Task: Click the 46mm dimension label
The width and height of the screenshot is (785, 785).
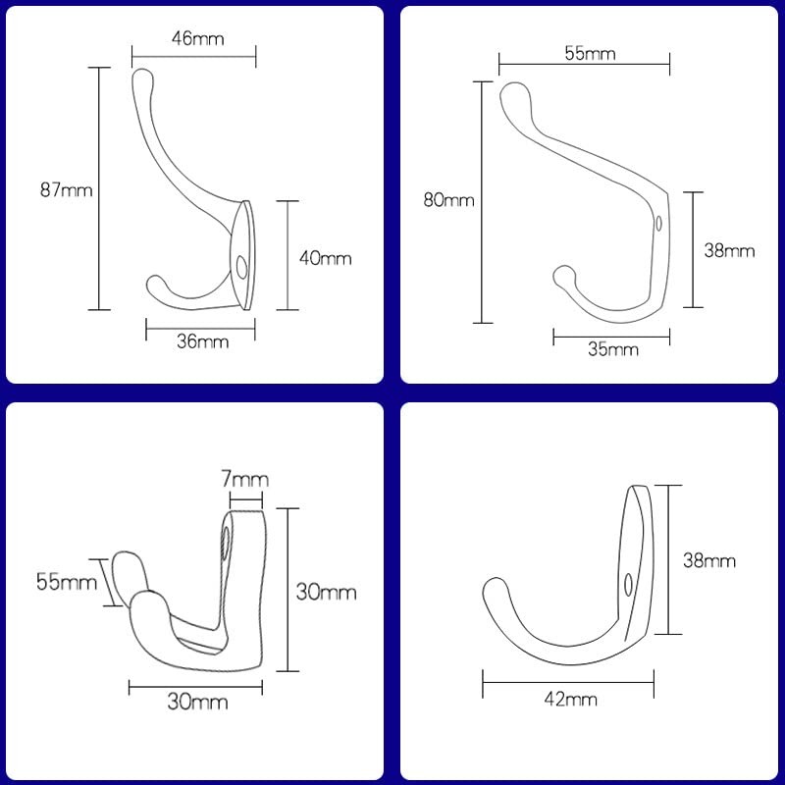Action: [x=198, y=39]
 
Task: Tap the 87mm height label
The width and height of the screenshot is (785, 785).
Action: [x=66, y=190]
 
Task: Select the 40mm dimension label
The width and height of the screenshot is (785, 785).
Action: [x=325, y=259]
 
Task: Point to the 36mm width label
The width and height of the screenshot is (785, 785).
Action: [x=203, y=341]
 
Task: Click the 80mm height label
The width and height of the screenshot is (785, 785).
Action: [x=448, y=200]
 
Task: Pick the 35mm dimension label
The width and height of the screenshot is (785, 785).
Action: [x=613, y=348]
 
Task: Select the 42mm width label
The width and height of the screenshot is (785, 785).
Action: [x=572, y=699]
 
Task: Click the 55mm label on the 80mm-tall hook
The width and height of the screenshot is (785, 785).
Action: [x=590, y=54]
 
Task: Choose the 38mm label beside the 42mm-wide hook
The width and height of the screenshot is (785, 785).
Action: [x=709, y=561]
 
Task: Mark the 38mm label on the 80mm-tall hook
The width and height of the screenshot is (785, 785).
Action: [x=730, y=250]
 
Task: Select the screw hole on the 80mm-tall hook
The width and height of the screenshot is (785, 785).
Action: [x=658, y=223]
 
